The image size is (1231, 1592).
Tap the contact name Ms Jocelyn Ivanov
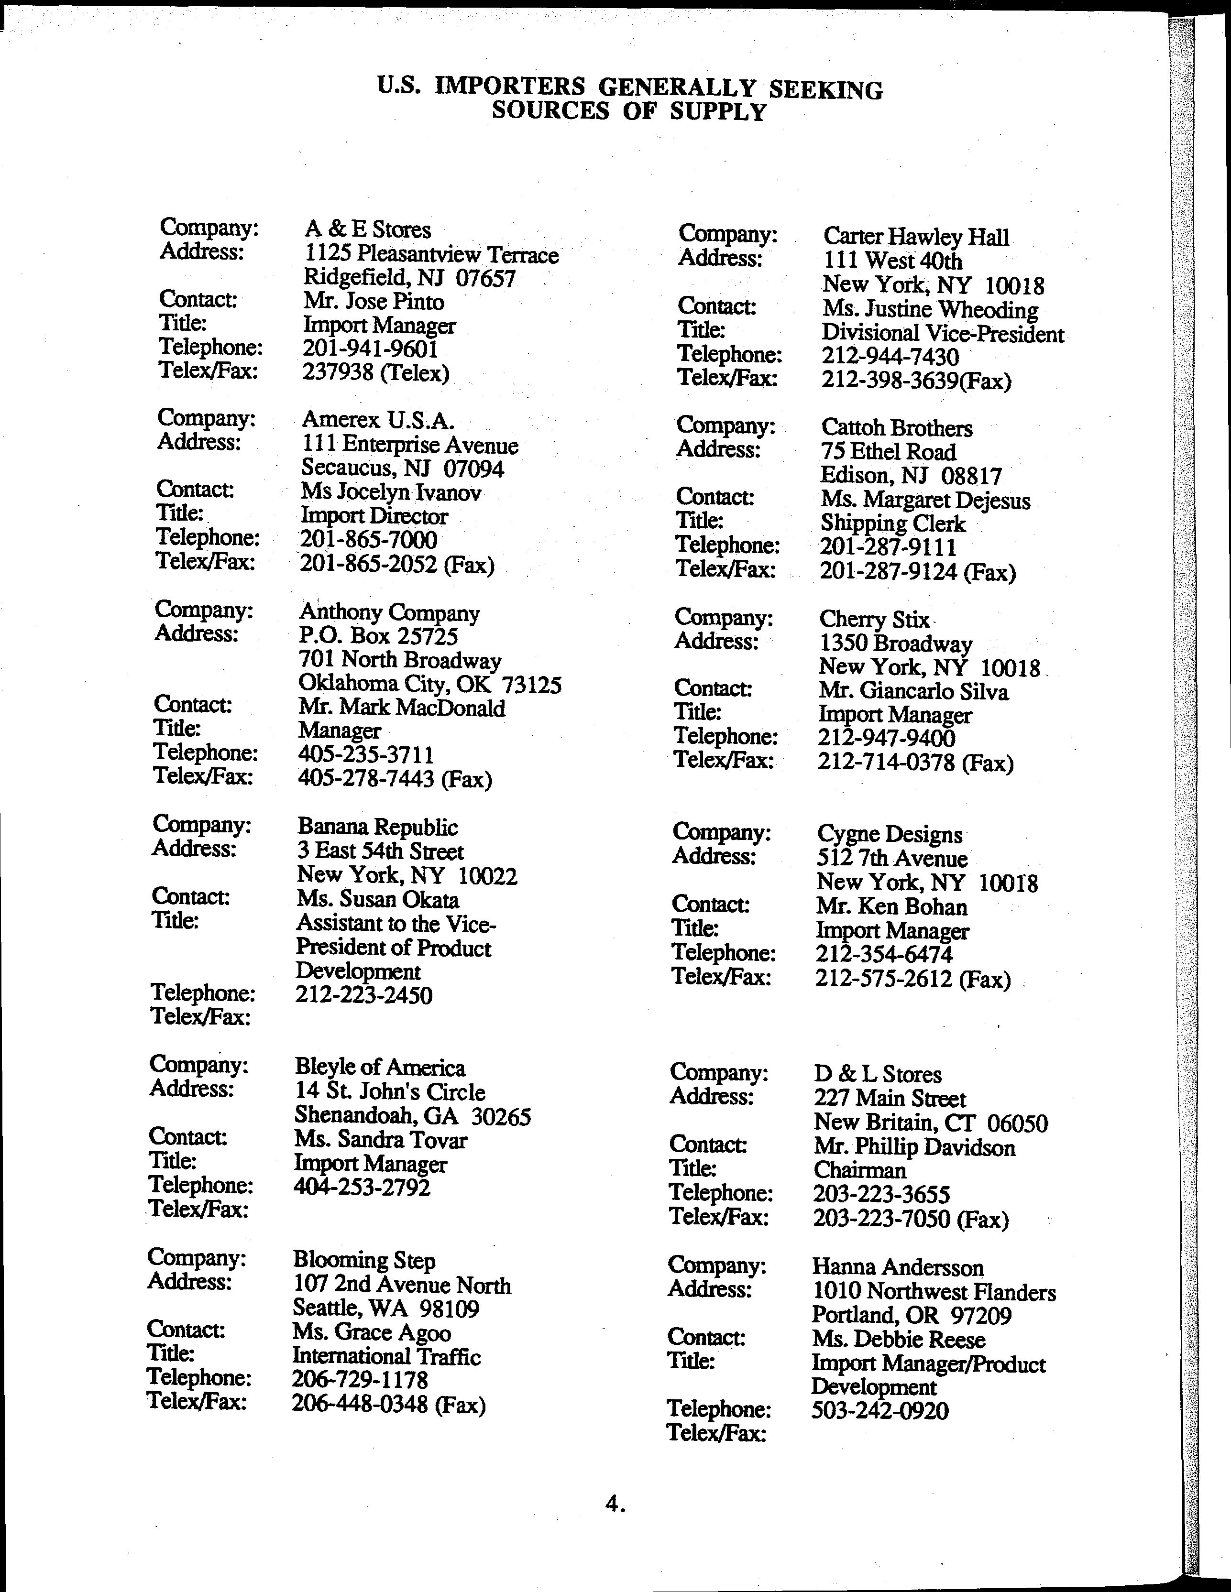coord(391,493)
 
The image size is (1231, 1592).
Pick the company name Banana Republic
coord(377,827)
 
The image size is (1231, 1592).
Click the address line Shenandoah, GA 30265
coord(412,1116)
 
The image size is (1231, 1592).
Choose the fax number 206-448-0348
coord(359,1404)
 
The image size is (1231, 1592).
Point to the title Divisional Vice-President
coord(942,333)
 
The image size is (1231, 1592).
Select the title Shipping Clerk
coord(892,523)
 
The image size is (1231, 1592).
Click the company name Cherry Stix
coord(874,619)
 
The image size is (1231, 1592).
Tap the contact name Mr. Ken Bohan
coord(892,907)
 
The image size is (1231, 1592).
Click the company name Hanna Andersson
coord(898,1267)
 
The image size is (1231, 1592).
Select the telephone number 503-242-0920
coord(879,1410)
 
